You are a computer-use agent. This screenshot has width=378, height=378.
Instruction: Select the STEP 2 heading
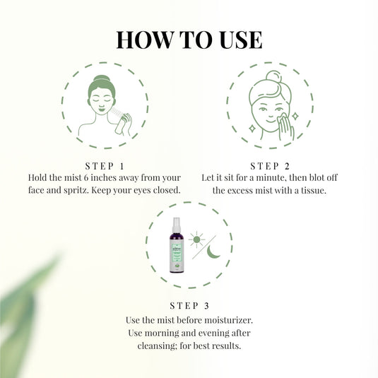point(269,165)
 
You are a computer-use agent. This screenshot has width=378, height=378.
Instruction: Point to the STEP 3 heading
point(189,306)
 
